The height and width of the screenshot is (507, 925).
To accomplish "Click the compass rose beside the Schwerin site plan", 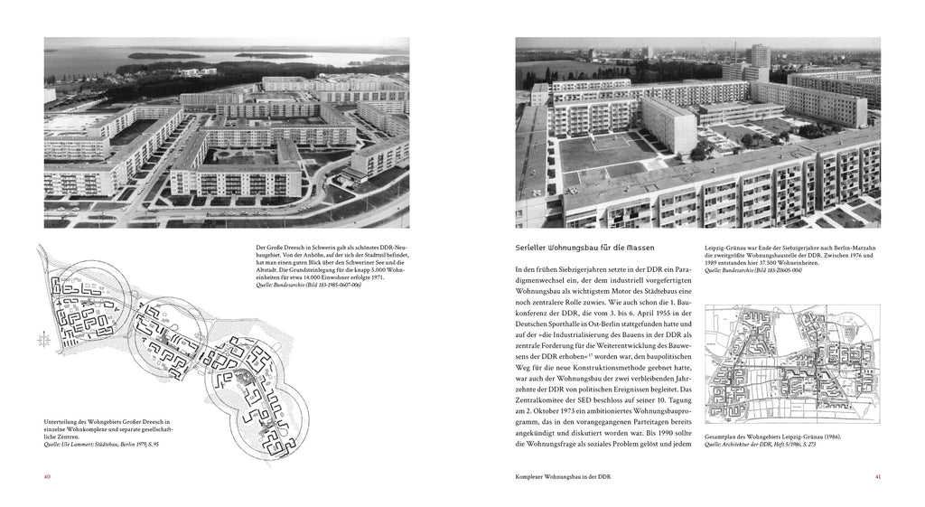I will (42, 340).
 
